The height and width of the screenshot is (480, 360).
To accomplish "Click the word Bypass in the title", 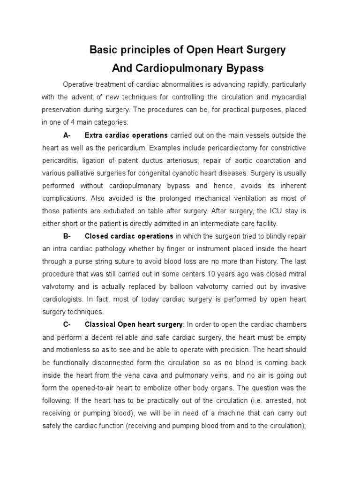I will (241, 68).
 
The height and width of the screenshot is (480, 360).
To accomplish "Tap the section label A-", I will (66, 135).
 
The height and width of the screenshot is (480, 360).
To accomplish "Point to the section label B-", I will (66, 236).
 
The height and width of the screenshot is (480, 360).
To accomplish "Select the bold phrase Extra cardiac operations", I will (126, 135).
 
